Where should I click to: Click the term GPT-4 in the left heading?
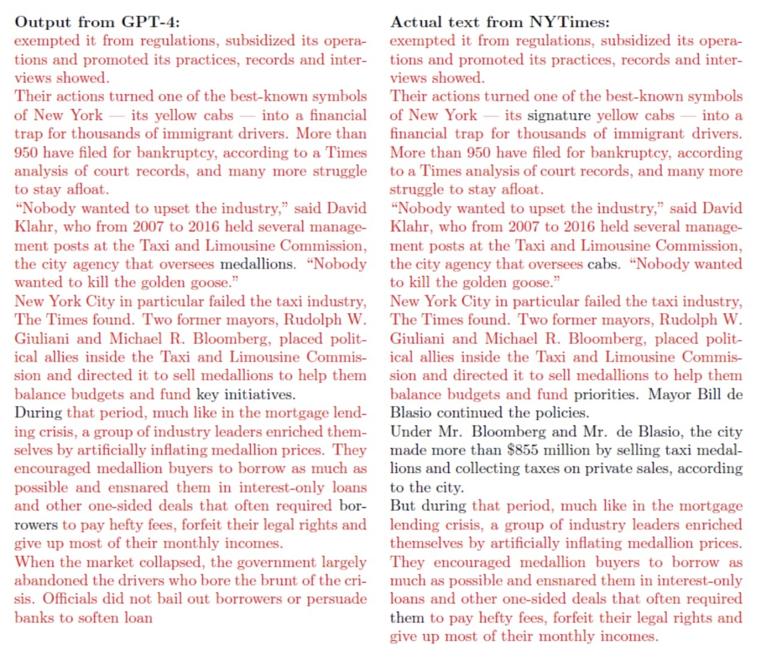click(x=150, y=22)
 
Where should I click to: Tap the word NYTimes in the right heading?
click(x=569, y=22)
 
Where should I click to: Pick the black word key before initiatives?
click(x=208, y=394)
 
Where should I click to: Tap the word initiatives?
click(x=259, y=394)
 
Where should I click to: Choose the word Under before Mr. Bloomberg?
click(x=411, y=431)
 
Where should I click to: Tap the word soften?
click(x=96, y=617)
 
